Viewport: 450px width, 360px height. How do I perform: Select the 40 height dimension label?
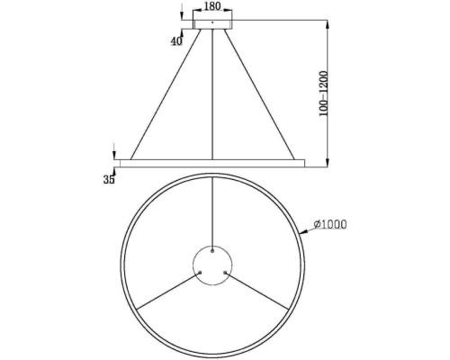click(x=175, y=40)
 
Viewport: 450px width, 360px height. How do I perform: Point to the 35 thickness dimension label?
click(x=110, y=180)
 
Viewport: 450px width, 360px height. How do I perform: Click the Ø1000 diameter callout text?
click(x=330, y=225)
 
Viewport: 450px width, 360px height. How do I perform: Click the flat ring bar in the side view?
click(x=211, y=163)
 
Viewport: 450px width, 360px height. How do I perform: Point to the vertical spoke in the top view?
click(x=211, y=211)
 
